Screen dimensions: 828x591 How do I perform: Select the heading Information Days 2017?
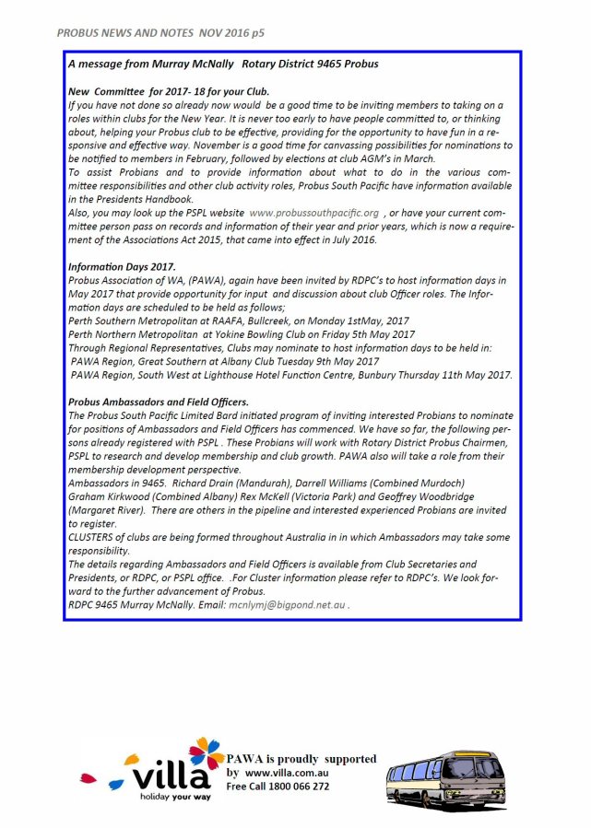pos(122,265)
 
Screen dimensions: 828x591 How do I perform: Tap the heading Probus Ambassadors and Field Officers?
pos(159,402)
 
